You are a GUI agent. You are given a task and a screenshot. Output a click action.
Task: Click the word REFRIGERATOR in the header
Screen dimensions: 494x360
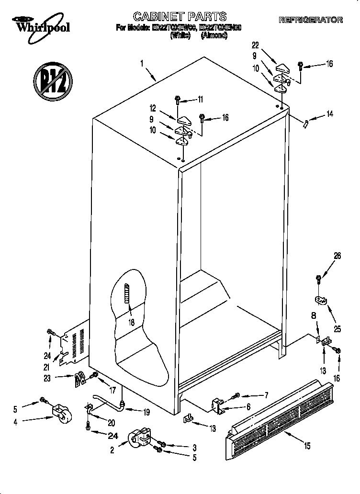(310, 20)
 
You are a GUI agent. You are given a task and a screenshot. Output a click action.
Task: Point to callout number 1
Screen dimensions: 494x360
(142, 63)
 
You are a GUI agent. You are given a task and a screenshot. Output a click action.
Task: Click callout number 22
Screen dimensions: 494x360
(255, 45)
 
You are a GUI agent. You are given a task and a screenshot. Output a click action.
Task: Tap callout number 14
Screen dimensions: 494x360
(329, 114)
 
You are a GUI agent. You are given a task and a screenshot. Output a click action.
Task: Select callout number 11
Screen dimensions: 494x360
(200, 100)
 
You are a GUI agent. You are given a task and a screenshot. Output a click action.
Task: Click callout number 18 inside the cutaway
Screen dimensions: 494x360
(131, 323)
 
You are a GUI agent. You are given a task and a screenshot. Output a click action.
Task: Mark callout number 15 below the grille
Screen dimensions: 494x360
(307, 446)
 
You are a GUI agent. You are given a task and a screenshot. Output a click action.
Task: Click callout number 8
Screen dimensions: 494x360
(314, 316)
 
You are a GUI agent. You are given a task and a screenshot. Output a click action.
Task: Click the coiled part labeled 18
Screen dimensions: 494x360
(127, 299)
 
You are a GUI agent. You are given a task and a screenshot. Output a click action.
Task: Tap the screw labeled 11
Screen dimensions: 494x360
(177, 101)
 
